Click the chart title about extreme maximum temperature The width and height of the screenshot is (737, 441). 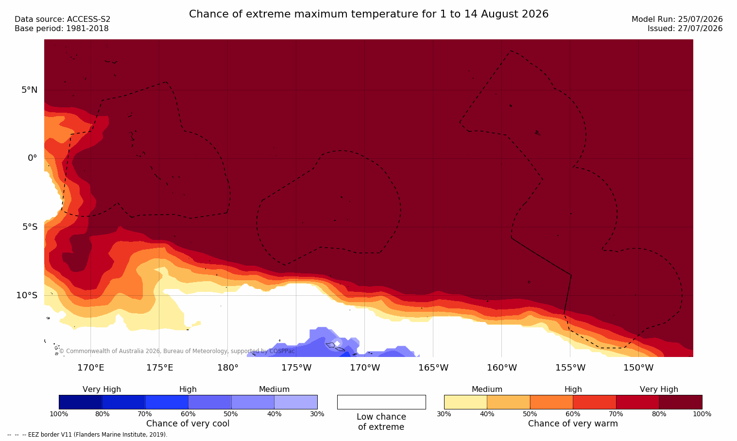pos(368,14)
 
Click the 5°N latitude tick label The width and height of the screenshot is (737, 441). pos(30,90)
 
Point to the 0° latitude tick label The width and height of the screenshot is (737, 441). pos(32,158)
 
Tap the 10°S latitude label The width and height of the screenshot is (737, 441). pos(27,295)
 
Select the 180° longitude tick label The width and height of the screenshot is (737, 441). pos(228,367)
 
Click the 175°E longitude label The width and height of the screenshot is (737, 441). pos(159,367)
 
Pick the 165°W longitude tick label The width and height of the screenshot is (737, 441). pos(433,367)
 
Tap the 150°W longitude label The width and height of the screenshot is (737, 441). pos(639,367)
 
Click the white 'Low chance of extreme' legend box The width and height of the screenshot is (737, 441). pos(381,402)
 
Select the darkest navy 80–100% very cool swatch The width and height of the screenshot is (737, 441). pos(80,402)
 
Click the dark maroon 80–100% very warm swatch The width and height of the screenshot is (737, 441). pos(681,402)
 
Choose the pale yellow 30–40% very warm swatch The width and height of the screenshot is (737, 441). pos(465,402)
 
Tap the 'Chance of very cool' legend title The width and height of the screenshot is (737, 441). pos(188,424)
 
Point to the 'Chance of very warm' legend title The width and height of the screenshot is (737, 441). pos(573,424)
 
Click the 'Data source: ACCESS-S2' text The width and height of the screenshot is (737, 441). pos(63,19)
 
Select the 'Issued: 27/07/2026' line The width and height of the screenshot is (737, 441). pos(685,29)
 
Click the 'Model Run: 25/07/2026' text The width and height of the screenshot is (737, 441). pos(677,19)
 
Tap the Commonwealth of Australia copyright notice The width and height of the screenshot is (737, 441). pos(177,351)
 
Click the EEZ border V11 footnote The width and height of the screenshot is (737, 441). pos(87,434)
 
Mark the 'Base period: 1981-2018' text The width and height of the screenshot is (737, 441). pos(62,29)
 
